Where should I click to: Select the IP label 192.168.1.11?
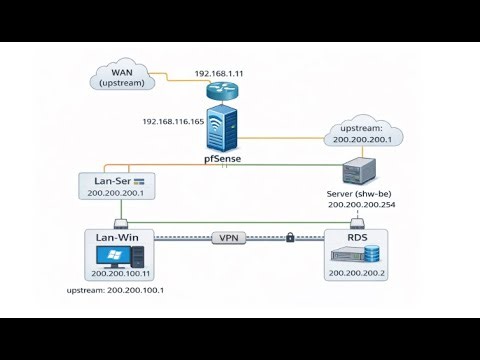pos(218,73)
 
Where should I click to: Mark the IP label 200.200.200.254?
pos(359,205)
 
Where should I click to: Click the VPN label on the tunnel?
pos(229,238)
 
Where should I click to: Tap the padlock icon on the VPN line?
pos(289,238)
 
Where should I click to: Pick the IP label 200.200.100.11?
pos(119,273)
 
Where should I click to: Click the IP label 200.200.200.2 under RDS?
pos(356,273)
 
